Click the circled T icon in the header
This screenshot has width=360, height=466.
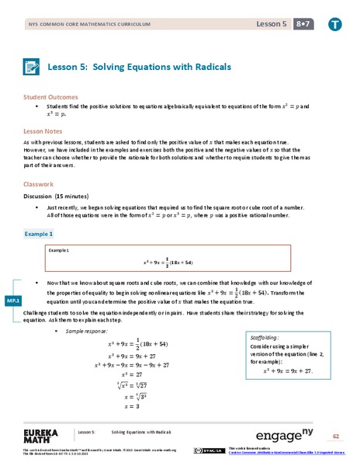point(334,26)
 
